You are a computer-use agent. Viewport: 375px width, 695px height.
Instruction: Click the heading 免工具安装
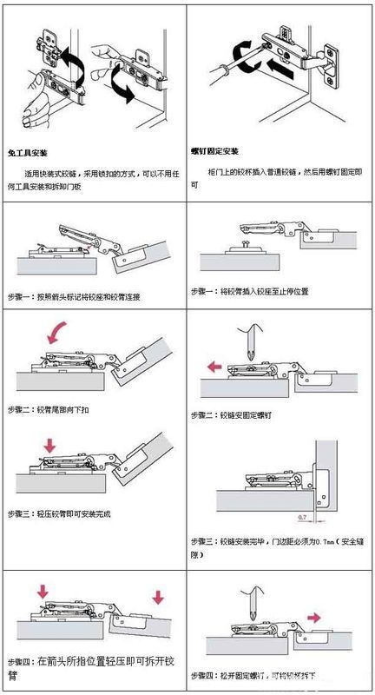tap(27, 151)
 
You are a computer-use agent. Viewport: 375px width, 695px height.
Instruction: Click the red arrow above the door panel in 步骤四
tap(156, 599)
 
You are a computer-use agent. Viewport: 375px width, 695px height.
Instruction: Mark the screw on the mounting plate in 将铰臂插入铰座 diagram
tap(246, 246)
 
